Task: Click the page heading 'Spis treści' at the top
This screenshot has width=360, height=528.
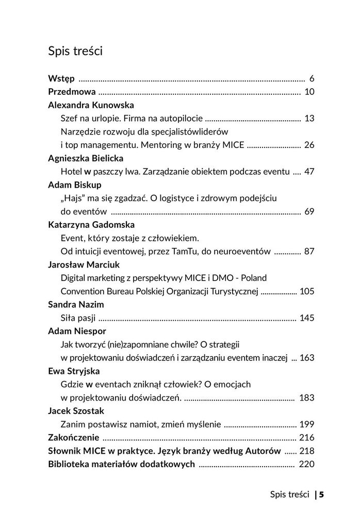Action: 75,51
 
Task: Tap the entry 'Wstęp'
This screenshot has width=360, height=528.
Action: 61,78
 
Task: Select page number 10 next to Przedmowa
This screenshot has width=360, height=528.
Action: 309,92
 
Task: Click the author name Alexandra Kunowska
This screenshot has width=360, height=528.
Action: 91,105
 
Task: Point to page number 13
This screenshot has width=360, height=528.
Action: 309,118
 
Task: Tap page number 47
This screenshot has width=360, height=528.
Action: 309,171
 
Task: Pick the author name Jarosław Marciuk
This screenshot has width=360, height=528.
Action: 84,264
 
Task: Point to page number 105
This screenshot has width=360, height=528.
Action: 307,291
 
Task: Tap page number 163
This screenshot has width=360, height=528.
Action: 307,357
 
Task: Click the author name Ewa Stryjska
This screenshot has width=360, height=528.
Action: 74,371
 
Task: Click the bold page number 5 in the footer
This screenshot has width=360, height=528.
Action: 321,494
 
